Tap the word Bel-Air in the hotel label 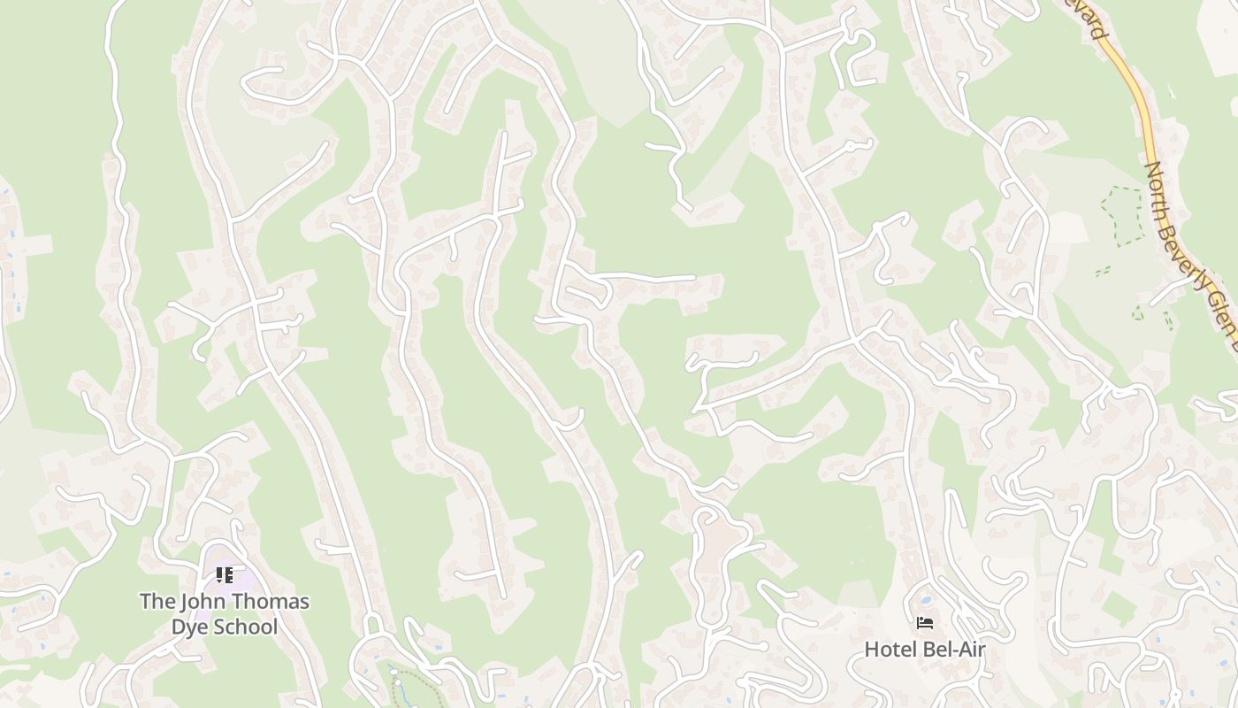[x=954, y=650]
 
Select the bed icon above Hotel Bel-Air [x=925, y=623]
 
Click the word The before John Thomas [x=157, y=602]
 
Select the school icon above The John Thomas [x=225, y=575]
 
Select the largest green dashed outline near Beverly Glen [x=1120, y=212]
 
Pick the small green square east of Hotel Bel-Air [x=1120, y=609]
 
